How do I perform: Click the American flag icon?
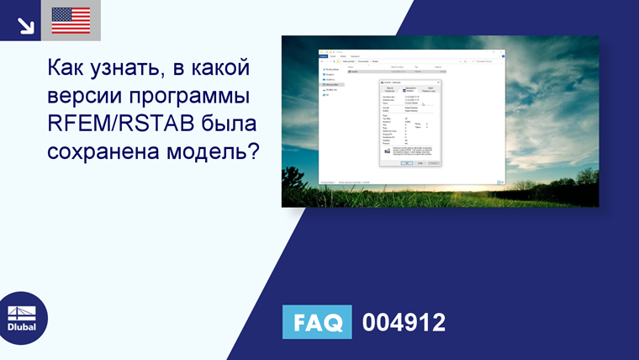click(x=71, y=20)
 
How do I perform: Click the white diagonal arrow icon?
click(x=25, y=24)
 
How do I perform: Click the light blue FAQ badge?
click(x=318, y=322)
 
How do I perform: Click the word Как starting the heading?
click(x=66, y=66)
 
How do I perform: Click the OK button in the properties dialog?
click(x=405, y=162)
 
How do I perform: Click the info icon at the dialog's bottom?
click(x=388, y=150)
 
